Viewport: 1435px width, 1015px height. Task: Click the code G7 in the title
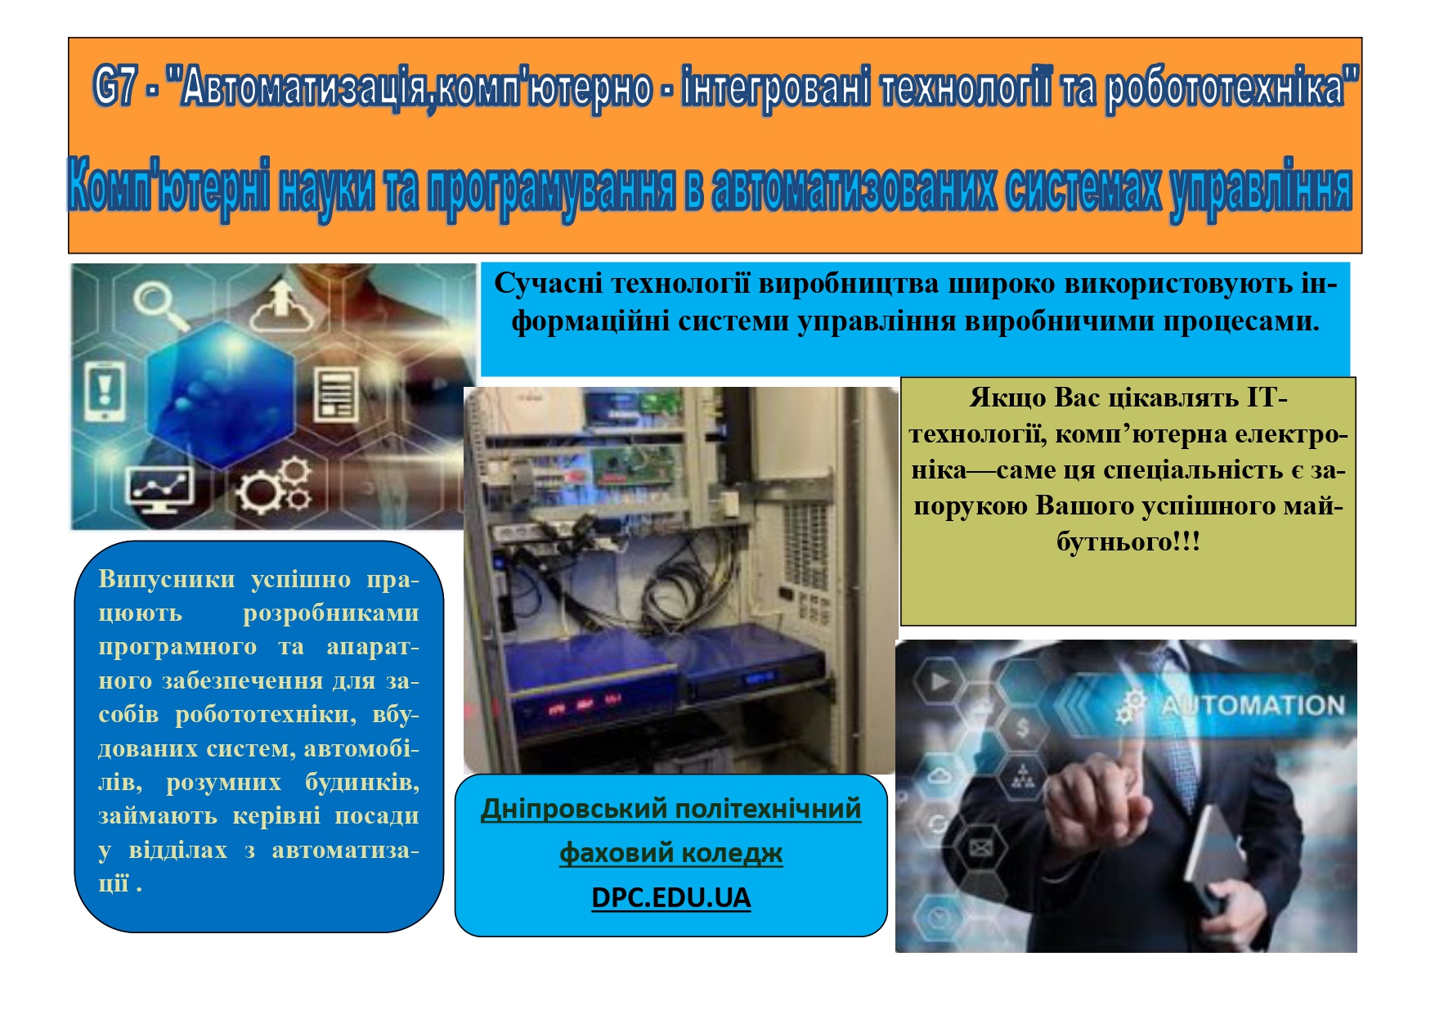pos(114,86)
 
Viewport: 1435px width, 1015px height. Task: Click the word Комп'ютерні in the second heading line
pos(168,187)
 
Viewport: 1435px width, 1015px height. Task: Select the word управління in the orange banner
pos(1261,190)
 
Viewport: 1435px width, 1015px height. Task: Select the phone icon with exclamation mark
pos(105,391)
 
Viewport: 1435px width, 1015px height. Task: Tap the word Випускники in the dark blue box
pos(167,579)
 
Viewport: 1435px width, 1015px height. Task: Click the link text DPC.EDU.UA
pos(671,897)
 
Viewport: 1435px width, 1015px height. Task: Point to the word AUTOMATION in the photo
pos(1253,706)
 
